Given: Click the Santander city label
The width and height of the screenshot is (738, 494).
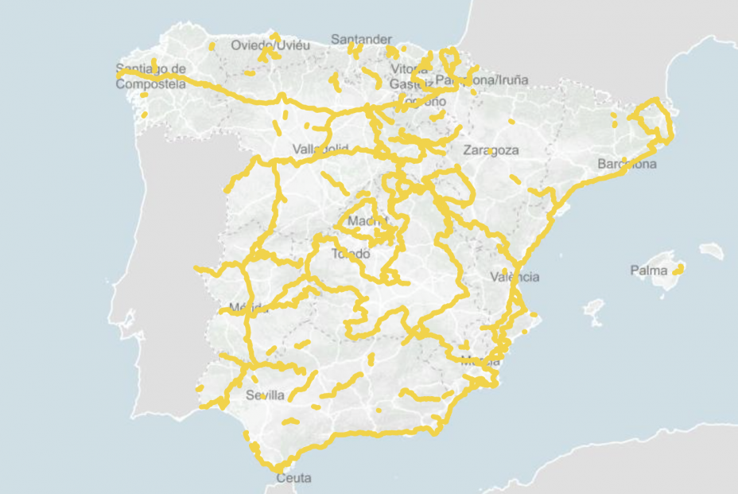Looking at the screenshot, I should tap(361, 39).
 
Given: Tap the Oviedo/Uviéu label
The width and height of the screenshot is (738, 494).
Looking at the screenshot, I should tap(270, 45).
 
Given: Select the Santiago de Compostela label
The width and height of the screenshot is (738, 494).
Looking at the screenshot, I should tap(150, 76).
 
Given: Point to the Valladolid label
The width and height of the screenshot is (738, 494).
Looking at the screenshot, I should tap(320, 149).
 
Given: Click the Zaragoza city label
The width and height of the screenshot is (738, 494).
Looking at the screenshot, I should tap(491, 150).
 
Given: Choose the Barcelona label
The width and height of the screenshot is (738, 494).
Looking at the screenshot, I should tap(627, 165).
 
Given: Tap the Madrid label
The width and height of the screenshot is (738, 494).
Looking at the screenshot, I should tap(367, 220).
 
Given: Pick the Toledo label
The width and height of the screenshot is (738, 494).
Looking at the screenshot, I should tap(351, 254).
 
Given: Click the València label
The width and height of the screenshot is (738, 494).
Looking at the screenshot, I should tap(515, 277).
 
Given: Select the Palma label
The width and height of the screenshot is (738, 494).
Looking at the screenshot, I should tap(649, 270).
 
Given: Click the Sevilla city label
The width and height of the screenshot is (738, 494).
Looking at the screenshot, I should tap(266, 395).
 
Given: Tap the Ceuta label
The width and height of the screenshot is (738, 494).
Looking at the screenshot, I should tap(293, 478).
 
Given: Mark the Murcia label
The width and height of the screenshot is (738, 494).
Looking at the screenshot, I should tap(480, 360).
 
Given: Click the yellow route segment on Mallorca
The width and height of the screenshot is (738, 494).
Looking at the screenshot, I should tap(678, 270).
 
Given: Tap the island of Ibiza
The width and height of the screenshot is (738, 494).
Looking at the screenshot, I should tap(594, 310).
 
